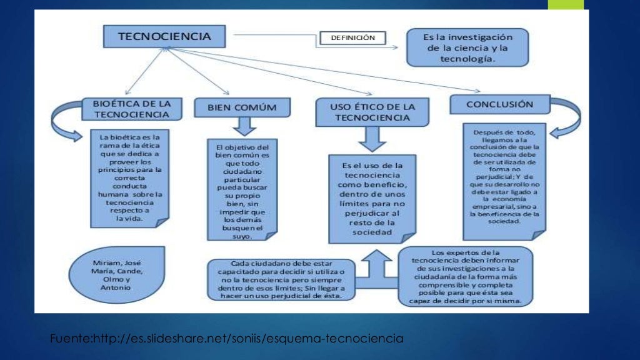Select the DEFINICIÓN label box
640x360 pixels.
352,38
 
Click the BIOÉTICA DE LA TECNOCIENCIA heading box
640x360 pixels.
132,108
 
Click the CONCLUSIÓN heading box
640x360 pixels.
499,104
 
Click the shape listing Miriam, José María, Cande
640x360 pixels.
118,273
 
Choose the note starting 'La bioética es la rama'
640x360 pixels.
130,177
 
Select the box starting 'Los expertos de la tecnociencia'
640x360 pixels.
466,276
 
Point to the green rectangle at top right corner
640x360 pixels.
566,4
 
